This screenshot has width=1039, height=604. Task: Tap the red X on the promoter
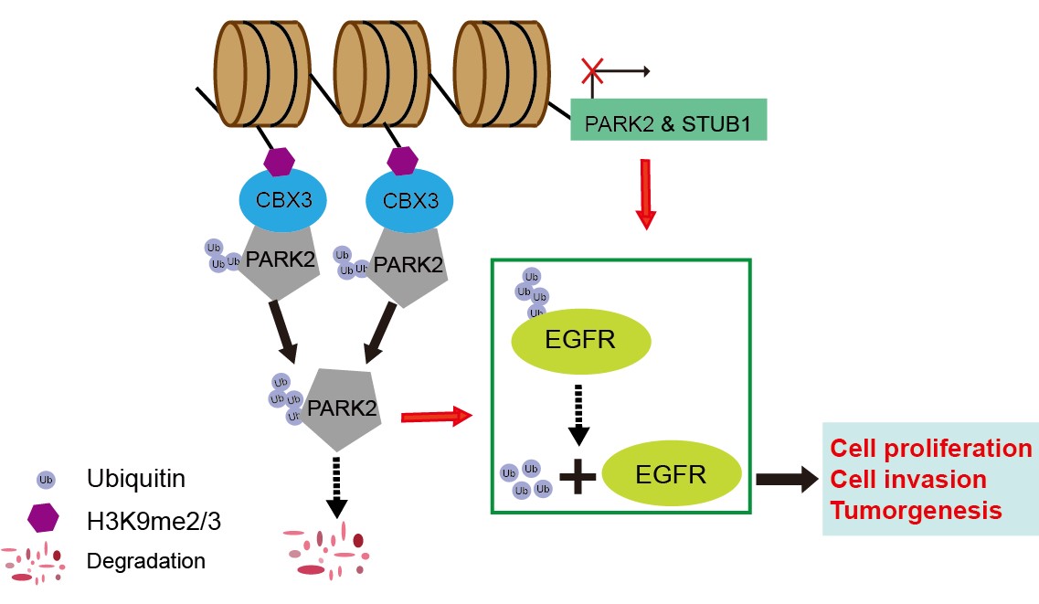(592, 70)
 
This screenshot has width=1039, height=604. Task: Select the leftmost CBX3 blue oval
(282, 198)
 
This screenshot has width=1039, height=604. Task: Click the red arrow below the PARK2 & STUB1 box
(646, 192)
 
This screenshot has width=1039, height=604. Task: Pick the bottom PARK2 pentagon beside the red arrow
(334, 408)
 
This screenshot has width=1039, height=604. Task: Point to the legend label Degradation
(146, 560)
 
